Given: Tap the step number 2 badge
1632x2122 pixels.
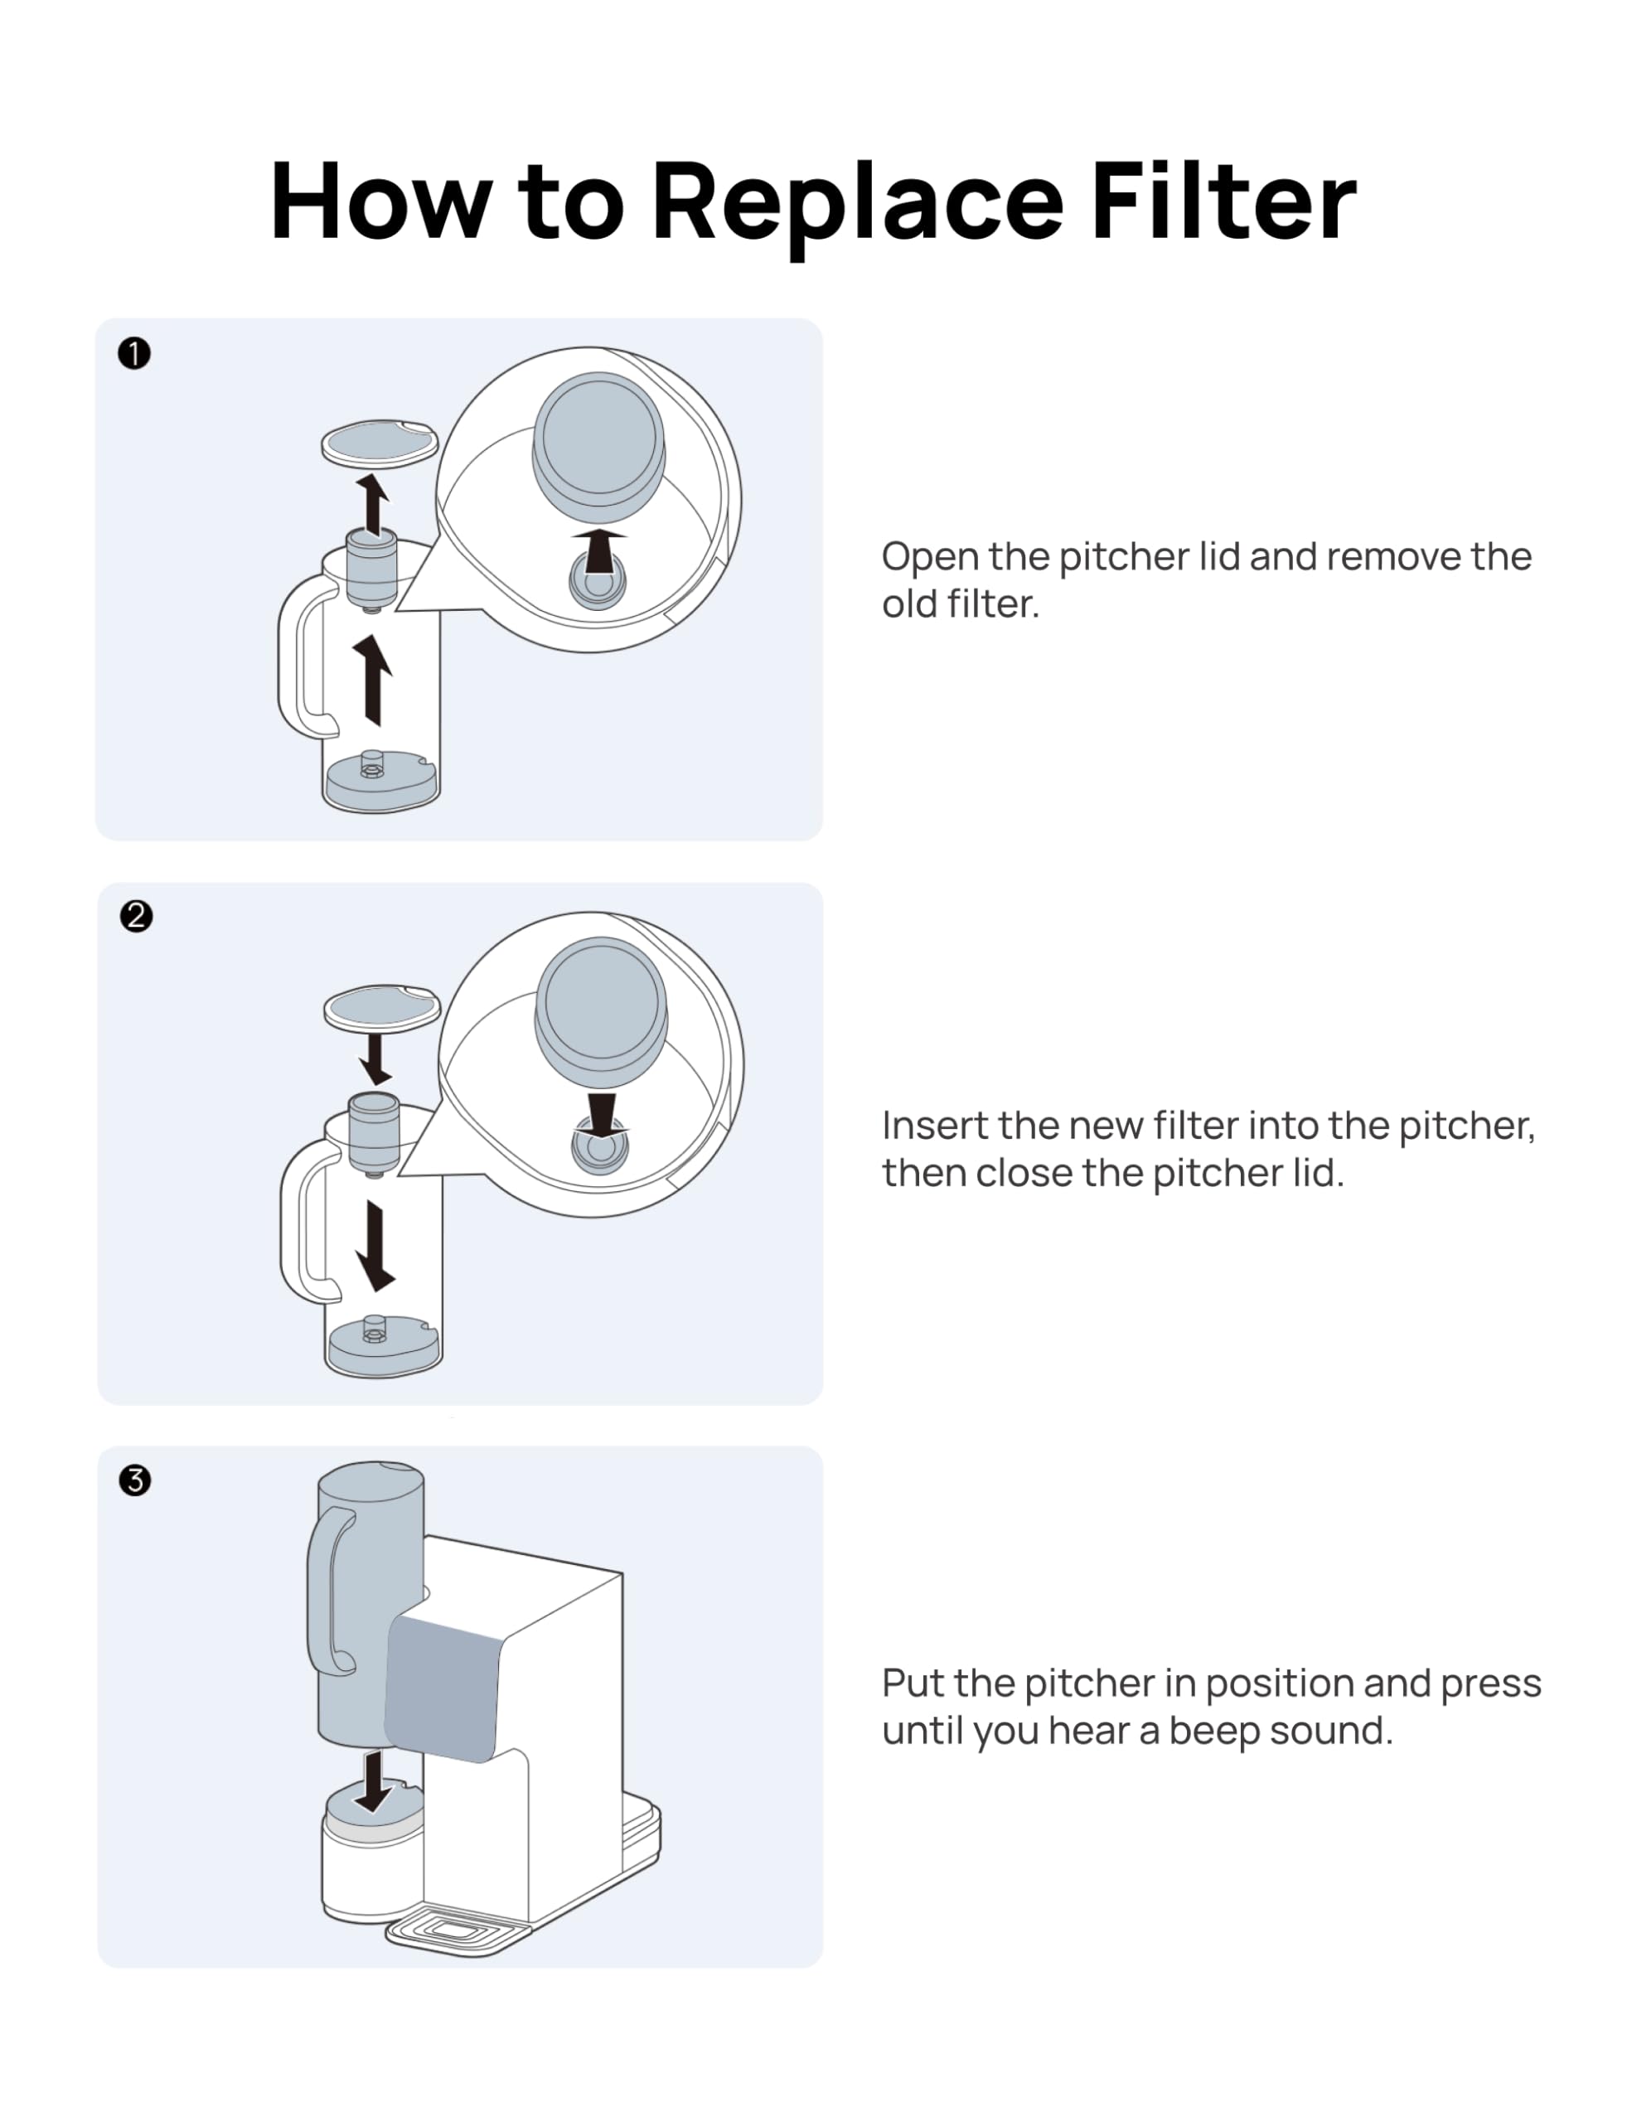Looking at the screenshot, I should (136, 916).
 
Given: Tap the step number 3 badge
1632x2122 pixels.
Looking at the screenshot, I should (135, 1480).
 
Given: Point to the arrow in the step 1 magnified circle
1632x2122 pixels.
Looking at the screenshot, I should (599, 550).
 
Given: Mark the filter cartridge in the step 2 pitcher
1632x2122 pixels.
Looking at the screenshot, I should (374, 1133).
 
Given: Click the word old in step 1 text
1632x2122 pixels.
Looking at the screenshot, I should (909, 604).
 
